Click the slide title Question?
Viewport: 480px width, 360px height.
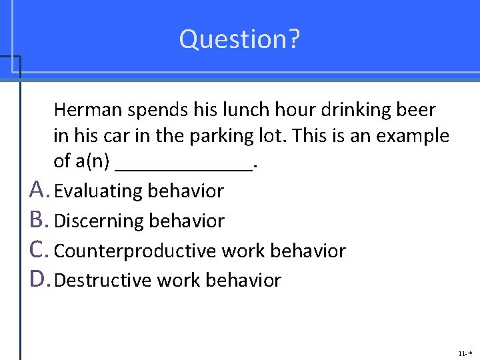point(239,39)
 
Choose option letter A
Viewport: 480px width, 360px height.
point(39,191)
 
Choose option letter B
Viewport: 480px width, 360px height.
point(39,221)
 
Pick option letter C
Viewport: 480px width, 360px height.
point(39,251)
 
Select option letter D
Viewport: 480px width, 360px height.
point(39,280)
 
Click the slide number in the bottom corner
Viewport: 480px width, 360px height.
point(465,352)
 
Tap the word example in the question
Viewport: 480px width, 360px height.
point(413,135)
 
